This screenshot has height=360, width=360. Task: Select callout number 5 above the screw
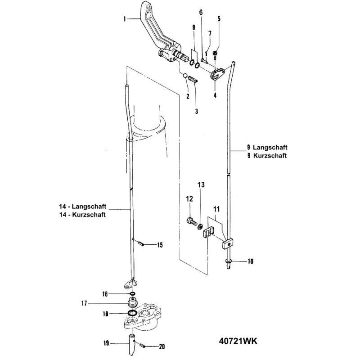[219, 18]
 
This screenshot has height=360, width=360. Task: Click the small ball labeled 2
[185, 76]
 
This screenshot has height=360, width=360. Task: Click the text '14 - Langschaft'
[83, 207]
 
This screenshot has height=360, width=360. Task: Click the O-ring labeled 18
[132, 313]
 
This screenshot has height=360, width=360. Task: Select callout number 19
[106, 343]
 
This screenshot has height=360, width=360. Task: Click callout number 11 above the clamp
[216, 210]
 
